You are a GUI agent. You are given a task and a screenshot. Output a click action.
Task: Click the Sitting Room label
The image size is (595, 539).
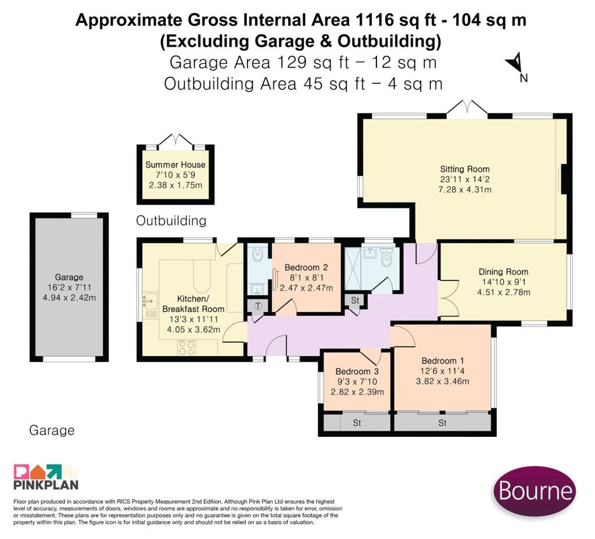(x=464, y=169)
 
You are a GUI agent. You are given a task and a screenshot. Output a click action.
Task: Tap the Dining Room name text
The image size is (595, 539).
(x=503, y=272)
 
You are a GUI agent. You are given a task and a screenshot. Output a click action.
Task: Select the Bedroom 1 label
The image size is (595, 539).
(x=442, y=361)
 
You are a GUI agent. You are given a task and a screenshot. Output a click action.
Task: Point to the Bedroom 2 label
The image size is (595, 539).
(x=306, y=267)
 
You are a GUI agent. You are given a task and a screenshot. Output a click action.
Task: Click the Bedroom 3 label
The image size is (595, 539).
(x=357, y=371)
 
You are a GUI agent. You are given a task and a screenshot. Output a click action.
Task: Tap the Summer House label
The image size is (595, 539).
(x=175, y=164)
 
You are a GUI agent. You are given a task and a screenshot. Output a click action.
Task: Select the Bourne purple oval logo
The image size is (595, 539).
(x=535, y=491)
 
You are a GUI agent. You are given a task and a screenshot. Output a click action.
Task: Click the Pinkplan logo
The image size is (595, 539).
(x=46, y=477)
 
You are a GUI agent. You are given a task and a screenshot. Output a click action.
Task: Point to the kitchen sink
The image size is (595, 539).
(x=150, y=300)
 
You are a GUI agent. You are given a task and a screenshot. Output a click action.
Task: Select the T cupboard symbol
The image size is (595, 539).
(x=258, y=306)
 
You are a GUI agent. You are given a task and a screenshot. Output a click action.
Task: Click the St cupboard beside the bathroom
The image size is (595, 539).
(x=355, y=300)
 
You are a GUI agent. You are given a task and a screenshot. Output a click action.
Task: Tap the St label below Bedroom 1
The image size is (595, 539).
(x=442, y=423)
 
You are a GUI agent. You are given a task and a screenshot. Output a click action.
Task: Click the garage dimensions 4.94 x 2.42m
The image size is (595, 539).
(x=69, y=298)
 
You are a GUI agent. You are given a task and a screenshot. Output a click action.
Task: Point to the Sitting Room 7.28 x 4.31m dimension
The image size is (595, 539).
(x=464, y=190)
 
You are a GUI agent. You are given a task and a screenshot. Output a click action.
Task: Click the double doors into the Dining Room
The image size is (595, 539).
(x=446, y=299)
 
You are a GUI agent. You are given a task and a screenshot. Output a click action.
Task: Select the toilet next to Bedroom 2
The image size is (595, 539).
(x=257, y=254)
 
